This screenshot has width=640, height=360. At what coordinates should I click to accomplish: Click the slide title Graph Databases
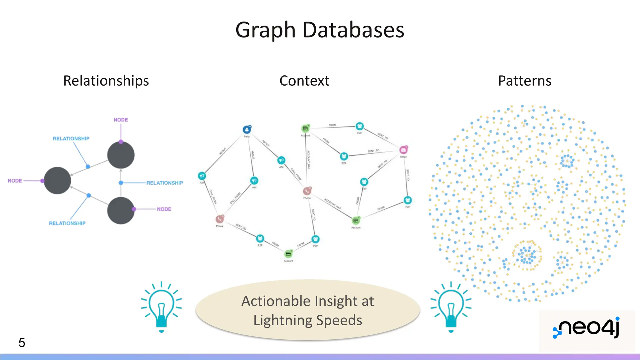coord(320,30)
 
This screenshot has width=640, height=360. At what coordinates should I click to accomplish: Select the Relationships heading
coord(106,81)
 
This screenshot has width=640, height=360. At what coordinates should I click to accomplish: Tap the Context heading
coord(304,81)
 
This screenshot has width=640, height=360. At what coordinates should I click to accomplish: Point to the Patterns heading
coord(524,81)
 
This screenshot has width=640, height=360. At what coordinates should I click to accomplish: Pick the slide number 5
coord(22,343)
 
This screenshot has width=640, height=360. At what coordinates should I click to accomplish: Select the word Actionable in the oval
coord(276,301)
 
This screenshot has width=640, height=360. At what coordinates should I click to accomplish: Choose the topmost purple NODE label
coord(121,120)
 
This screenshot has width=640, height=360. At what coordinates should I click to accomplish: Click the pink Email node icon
coord(403,150)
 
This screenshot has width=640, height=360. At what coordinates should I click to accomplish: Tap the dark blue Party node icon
coord(247,129)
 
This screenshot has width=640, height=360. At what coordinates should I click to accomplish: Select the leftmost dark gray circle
coord(57,180)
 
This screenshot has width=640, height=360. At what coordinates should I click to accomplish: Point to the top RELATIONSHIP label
coord(71,138)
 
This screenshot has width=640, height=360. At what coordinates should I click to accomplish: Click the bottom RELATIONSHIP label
coord(67,223)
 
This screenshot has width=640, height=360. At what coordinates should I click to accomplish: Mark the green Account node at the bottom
coord(288,254)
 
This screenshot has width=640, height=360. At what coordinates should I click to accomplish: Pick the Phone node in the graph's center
coord(307,191)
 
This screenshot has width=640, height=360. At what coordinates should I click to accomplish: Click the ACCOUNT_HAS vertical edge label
coord(308,160)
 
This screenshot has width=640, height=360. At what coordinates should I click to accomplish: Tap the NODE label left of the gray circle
coord(15,181)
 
